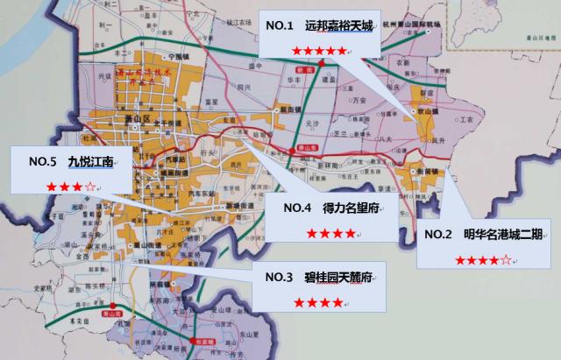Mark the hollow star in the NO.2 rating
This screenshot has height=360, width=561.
(x=506, y=260)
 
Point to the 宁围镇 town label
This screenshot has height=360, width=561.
(x=179, y=54)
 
